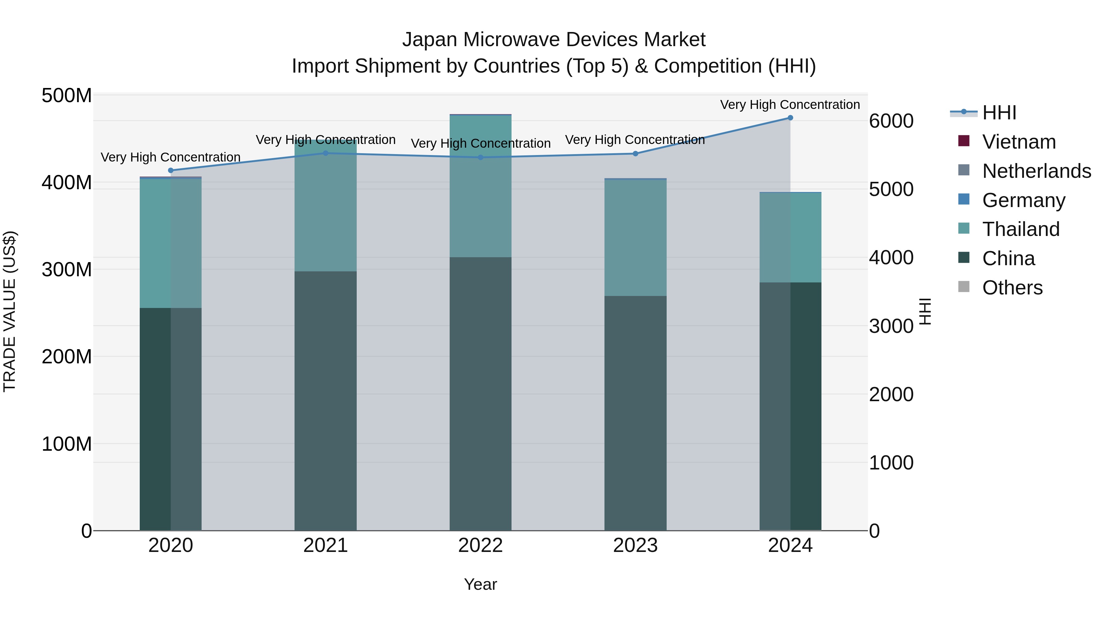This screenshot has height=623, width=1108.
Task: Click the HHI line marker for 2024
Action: tap(790, 118)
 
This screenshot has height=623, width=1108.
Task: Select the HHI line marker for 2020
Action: tap(171, 170)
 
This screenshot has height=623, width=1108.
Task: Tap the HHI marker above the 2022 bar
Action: tap(480, 157)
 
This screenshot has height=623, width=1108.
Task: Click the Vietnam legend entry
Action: tap(1018, 142)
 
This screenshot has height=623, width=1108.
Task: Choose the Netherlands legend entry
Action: tap(1036, 171)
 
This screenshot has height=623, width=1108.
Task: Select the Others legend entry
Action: tap(1012, 288)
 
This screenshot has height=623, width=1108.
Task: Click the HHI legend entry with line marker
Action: tap(999, 113)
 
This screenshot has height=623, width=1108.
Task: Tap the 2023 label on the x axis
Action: tap(635, 545)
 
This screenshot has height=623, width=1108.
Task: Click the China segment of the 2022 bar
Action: tap(480, 393)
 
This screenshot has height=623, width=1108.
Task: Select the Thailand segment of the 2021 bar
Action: tap(326, 206)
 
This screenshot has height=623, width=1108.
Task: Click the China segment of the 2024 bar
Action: tap(790, 406)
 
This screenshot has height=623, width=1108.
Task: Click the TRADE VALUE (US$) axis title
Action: tap(10, 311)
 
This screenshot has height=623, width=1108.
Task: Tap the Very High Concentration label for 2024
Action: tap(790, 105)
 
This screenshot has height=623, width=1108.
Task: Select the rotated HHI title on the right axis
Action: tap(925, 311)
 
